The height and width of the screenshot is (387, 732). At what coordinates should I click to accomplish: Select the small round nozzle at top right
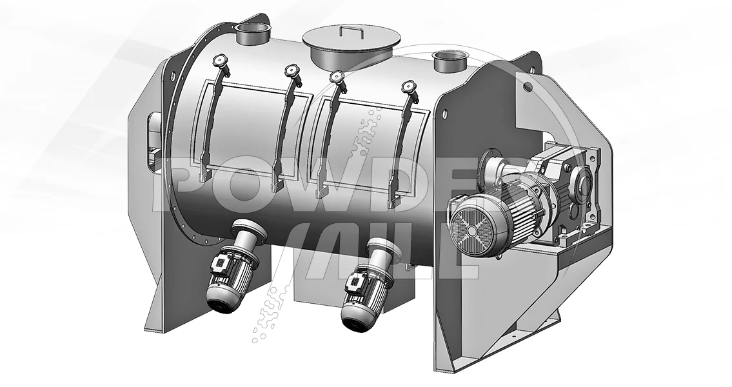coord(450,61)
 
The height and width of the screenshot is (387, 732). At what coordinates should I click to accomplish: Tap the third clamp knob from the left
coord(336,77)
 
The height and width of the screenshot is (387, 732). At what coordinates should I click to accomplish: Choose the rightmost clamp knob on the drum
coord(410,87)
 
